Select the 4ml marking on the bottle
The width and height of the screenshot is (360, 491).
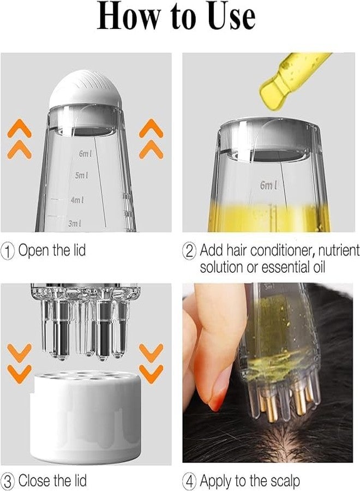77,200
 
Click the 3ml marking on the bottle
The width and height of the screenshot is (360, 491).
74,223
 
